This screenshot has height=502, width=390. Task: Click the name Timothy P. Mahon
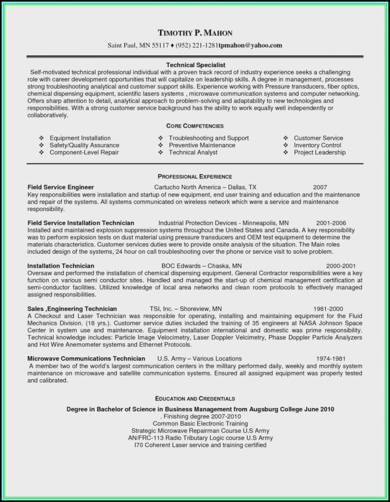click(195, 33)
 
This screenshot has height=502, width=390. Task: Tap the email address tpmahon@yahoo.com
click(251, 45)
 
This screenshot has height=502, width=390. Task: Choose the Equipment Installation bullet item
click(80, 138)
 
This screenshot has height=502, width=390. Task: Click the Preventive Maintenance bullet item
click(202, 145)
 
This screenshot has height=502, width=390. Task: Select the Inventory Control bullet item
click(317, 145)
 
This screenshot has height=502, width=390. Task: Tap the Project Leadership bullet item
click(319, 152)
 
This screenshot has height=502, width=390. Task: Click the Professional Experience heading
click(195, 176)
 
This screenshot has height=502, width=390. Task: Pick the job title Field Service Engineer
click(61, 187)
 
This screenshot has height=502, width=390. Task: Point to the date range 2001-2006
click(331, 223)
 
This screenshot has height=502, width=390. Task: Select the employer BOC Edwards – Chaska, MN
click(188, 266)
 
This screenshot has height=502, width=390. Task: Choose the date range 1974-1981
click(330, 358)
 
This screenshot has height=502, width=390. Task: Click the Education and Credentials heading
click(195, 398)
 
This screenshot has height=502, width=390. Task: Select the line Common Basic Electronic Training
click(200, 424)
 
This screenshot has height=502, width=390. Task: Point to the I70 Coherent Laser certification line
click(200, 445)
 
